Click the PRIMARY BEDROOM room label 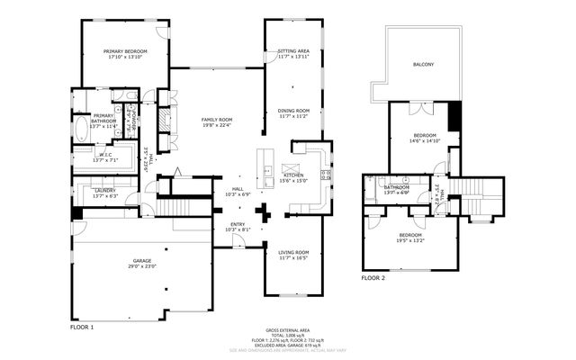point(124,51)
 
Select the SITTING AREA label point(293,51)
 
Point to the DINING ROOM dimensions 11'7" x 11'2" point(293,116)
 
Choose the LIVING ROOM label point(293,252)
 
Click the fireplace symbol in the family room point(162,121)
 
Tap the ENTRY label point(237,224)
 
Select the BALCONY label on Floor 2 point(423,65)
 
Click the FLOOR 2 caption point(373,279)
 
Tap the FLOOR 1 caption point(82,328)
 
